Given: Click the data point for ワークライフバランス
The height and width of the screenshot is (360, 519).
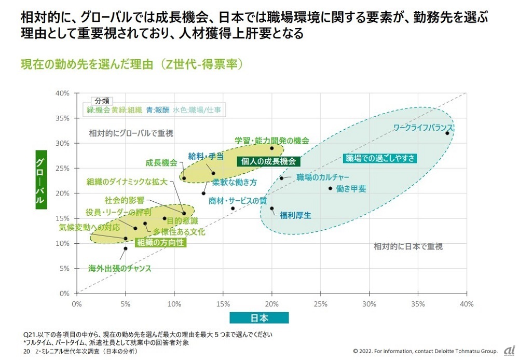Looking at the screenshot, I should point(447,133).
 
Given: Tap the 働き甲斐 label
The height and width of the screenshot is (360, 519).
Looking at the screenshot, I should point(351,189).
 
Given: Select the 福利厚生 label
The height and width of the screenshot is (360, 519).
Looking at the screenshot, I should point(295,215).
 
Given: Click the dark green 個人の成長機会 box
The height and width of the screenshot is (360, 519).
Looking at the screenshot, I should point(268,161).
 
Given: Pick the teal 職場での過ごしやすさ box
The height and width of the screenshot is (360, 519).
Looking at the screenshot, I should point(381,158).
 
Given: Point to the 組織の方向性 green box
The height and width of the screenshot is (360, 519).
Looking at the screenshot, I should point(160,242).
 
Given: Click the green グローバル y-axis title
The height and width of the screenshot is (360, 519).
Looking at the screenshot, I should point(41,180).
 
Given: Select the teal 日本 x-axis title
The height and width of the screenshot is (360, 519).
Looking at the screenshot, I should point(258,318).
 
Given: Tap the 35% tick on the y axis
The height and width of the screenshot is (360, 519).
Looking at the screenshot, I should point(63,118).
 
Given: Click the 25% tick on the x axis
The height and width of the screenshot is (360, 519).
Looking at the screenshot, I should point(320,303).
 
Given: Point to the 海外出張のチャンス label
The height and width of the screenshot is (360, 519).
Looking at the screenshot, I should point(119,269).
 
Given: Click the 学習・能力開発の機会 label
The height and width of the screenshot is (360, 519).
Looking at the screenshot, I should point(271,141).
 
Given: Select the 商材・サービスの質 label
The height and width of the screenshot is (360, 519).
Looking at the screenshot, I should point(237,201).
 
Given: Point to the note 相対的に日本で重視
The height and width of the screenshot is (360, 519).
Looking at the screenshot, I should point(408,246).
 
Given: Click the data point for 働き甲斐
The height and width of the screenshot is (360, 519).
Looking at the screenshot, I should point(330,188).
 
